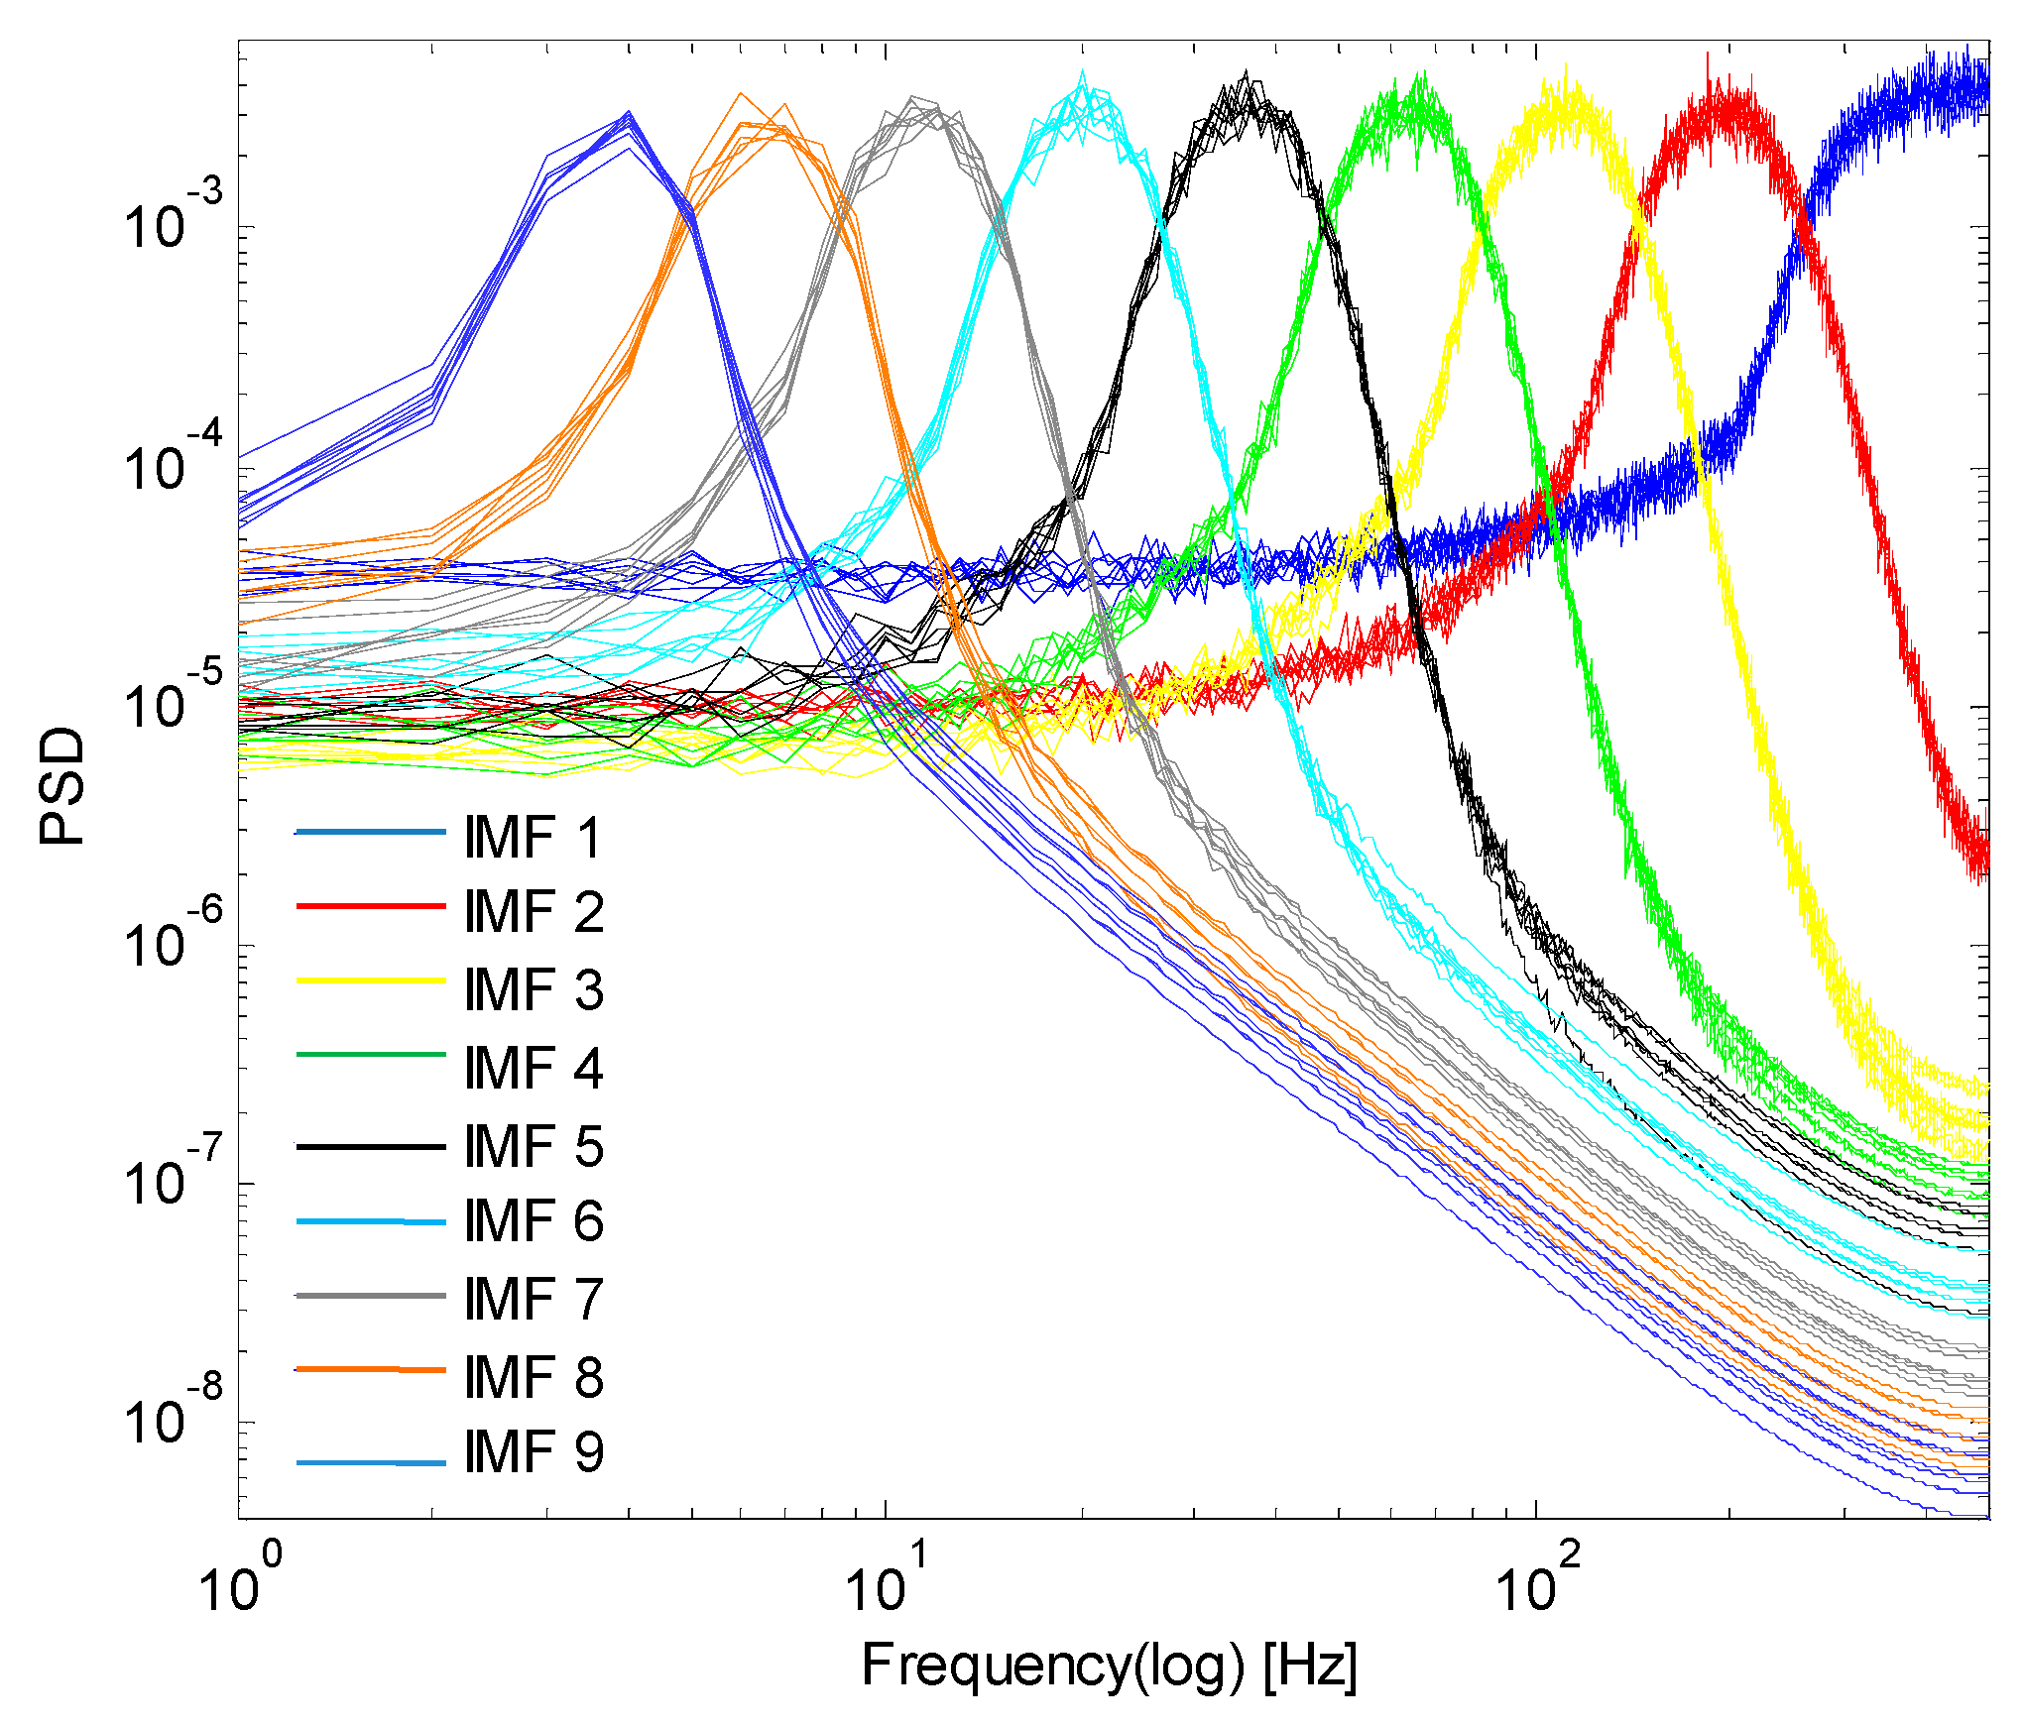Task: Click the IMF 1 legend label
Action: pyautogui.click(x=533, y=838)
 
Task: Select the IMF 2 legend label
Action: pyautogui.click(x=533, y=912)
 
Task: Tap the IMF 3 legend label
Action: pyautogui.click(x=533, y=990)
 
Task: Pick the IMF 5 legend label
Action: pyautogui.click(x=533, y=1147)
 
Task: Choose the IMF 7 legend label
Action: pyautogui.click(x=533, y=1300)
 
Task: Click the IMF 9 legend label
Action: pyautogui.click(x=533, y=1452)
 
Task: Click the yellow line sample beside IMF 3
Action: pyautogui.click(x=370, y=980)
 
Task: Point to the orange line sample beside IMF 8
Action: pyautogui.click(x=370, y=1370)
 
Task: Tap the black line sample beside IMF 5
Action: pyautogui.click(x=370, y=1147)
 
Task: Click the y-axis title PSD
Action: pyautogui.click(x=61, y=785)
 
